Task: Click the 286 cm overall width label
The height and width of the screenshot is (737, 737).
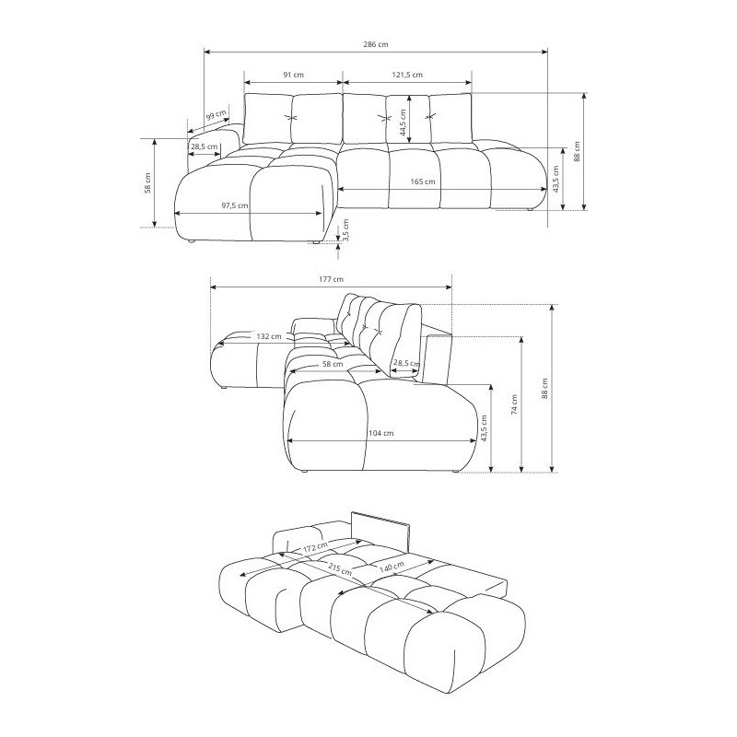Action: pos(376,44)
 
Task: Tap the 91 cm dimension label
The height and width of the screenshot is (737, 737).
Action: pos(293,75)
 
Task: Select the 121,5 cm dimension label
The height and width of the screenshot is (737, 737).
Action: pos(407,75)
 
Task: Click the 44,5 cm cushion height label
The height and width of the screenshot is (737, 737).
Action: pos(403,123)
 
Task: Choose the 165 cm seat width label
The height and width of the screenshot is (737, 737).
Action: pos(423,181)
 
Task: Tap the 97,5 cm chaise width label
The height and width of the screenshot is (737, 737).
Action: pos(235,205)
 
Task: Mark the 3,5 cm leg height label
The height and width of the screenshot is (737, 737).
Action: pos(346,230)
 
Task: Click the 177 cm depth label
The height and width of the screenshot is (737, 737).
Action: pos(331,279)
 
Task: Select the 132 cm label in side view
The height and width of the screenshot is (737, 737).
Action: pos(269,336)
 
